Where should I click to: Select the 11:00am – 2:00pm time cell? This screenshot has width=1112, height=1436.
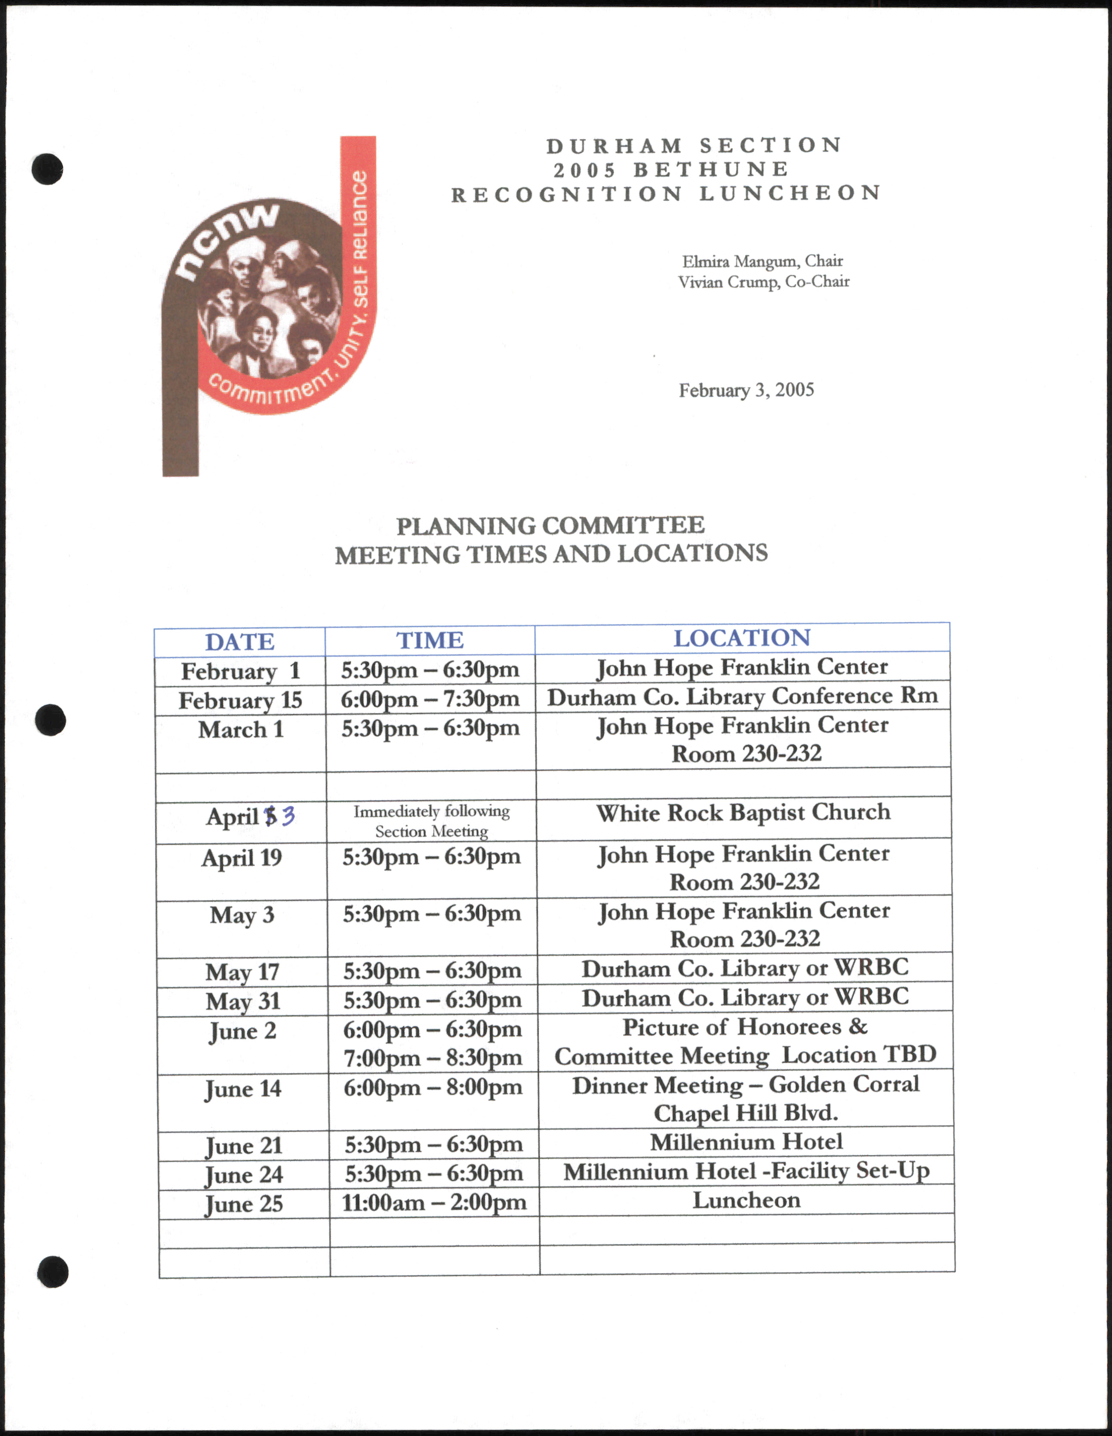(x=434, y=1203)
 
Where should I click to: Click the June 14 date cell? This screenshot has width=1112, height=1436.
(x=243, y=1089)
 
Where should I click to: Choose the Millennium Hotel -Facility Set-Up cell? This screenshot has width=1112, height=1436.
(x=746, y=1171)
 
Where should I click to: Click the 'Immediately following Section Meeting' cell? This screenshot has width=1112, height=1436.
(x=431, y=821)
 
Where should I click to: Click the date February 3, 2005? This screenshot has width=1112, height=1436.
(x=746, y=390)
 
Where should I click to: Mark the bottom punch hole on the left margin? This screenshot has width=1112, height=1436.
(x=52, y=1272)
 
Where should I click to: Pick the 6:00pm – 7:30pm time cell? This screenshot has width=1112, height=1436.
(x=430, y=699)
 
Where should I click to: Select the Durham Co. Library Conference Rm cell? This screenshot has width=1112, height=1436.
(x=743, y=697)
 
